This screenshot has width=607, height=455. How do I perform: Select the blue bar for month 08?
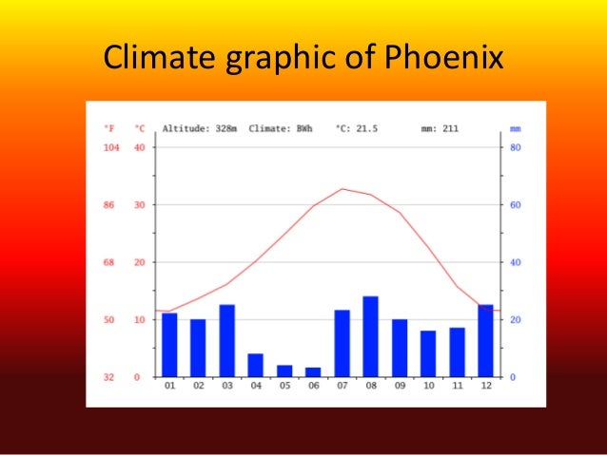(x=370, y=336)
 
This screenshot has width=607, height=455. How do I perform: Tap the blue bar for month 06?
(x=313, y=371)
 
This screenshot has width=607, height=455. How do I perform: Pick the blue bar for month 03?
(x=227, y=340)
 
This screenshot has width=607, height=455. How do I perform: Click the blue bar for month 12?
(x=485, y=340)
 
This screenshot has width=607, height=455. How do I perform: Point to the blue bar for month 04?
(x=256, y=365)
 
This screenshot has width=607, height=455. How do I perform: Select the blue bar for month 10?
(x=428, y=353)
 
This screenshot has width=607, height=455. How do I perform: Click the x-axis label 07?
(x=342, y=387)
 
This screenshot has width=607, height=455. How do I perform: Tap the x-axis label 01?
(x=169, y=387)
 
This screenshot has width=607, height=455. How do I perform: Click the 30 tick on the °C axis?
(x=139, y=205)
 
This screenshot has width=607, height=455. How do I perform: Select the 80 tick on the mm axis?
(x=515, y=147)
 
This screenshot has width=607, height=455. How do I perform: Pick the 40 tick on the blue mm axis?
(x=515, y=262)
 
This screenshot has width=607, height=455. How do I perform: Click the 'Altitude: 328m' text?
(x=201, y=128)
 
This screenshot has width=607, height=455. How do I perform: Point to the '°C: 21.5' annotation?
(x=357, y=128)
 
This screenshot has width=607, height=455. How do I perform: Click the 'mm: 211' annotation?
(x=439, y=128)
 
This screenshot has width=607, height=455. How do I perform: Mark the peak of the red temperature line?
(x=343, y=188)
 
